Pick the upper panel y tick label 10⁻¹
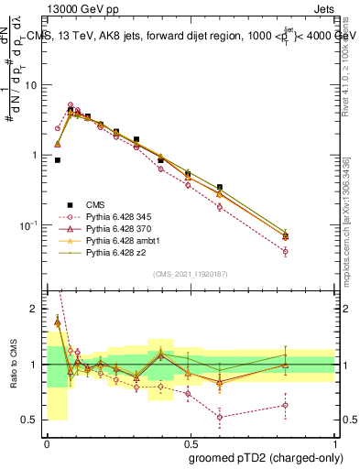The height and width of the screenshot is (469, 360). click(28, 225)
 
